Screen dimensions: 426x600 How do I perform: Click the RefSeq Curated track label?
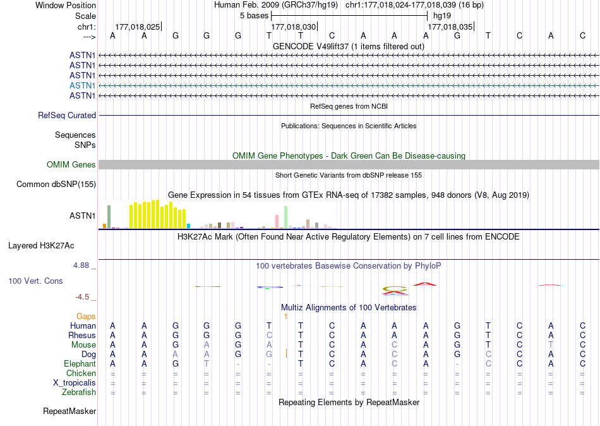pyautogui.click(x=67, y=115)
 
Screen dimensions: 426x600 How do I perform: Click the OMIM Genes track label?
pyautogui.click(x=71, y=164)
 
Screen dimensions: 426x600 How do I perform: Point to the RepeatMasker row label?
pyautogui.click(x=69, y=411)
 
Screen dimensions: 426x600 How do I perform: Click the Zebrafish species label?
pyautogui.click(x=80, y=392)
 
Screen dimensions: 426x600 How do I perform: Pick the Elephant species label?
pyautogui.click(x=80, y=363)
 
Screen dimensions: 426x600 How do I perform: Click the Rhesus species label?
pyautogui.click(x=82, y=335)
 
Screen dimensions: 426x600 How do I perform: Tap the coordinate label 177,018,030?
pyautogui.click(x=293, y=27)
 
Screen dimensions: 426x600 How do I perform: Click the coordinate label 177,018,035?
pyautogui.click(x=450, y=27)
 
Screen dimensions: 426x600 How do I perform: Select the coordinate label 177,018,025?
pyautogui.click(x=137, y=27)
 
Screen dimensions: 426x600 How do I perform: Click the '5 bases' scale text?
pyautogui.click(x=254, y=15)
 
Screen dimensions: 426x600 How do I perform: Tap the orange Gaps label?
pyautogui.click(x=86, y=316)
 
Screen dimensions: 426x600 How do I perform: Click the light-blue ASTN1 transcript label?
pyautogui.click(x=83, y=85)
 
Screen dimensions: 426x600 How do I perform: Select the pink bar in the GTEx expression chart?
pyautogui.click(x=277, y=221)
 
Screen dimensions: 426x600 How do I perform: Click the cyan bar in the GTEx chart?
pyautogui.click(x=188, y=226)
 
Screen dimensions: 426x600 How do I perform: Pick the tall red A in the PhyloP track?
pyautogui.click(x=427, y=284)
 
